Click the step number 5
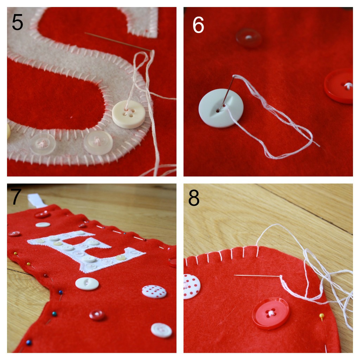[x=18, y=22]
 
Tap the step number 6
[x=198, y=25]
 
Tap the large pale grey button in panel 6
[x=221, y=108]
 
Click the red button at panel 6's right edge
[x=339, y=86]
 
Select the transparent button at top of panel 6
[x=249, y=38]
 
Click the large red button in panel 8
[x=271, y=313]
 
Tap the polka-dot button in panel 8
[x=192, y=286]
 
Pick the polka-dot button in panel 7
[x=154, y=291]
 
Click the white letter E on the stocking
[x=86, y=251]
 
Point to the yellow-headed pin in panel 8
[x=322, y=316]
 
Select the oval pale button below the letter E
[x=87, y=284]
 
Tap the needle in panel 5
[x=118, y=41]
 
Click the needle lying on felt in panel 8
[x=257, y=276]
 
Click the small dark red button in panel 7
[x=97, y=315]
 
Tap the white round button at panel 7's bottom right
[x=161, y=330]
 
